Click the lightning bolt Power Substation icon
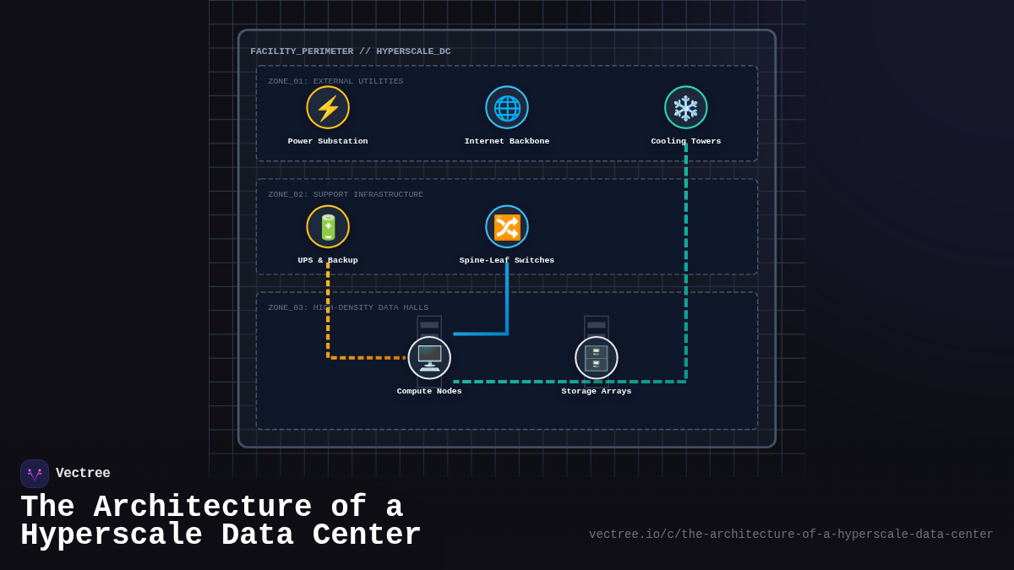[328, 107]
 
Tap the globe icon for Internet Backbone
[507, 107]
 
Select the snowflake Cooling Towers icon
[686, 107]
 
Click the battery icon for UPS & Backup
[328, 226]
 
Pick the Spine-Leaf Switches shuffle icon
[507, 226]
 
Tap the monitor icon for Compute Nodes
[429, 357]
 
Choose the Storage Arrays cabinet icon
[597, 357]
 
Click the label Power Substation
[328, 141]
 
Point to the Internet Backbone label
[507, 141]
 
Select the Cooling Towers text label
[686, 141]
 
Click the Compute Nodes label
[429, 391]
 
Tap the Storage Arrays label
[597, 391]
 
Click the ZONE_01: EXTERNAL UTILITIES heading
[335, 81]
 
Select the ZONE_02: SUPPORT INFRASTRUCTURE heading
[346, 194]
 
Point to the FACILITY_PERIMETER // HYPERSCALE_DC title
[351, 52]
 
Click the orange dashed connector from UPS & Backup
[328, 321]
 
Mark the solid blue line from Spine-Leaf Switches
[507, 304]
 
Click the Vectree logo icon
[35, 474]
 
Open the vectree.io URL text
[791, 535]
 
